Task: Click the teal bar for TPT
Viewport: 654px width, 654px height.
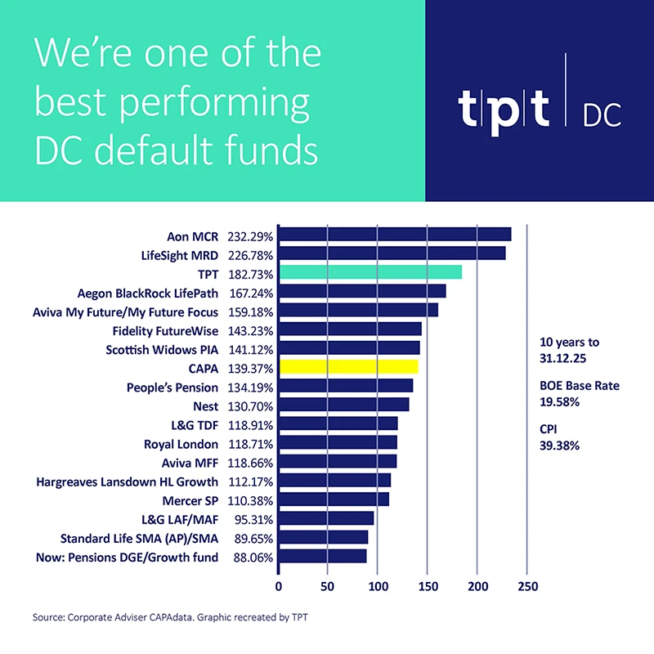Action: [370, 272]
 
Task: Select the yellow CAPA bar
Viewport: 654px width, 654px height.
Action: [349, 367]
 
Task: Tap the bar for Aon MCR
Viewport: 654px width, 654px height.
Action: [395, 235]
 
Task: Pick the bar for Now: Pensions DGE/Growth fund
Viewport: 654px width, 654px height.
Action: [323, 557]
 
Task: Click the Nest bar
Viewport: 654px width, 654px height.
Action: [344, 405]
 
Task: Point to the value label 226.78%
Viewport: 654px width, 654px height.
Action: [250, 254]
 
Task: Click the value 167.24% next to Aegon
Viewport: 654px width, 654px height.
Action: [250, 292]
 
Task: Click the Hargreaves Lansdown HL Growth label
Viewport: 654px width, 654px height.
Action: [128, 482]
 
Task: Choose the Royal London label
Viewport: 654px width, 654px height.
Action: [181, 444]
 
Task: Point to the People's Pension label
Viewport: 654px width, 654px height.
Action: [172, 387]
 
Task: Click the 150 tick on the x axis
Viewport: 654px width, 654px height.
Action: [428, 586]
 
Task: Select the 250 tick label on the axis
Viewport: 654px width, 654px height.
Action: [527, 586]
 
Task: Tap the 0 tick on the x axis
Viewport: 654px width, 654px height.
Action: [280, 586]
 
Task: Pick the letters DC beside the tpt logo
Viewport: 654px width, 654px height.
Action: [601, 116]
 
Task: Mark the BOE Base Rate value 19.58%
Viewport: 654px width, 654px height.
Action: [560, 402]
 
